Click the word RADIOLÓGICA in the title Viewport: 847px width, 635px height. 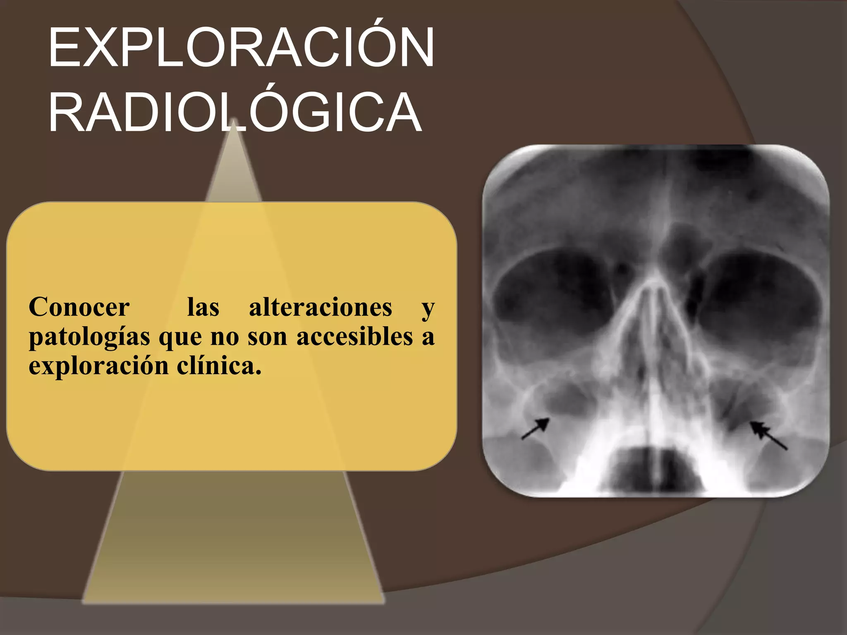pos(235,112)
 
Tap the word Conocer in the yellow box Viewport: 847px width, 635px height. pos(79,308)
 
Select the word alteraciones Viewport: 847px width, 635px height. pos(321,308)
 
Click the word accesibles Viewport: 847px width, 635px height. pos(355,337)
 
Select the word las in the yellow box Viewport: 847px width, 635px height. pos(203,308)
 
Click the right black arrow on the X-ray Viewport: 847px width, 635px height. pos(768,435)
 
